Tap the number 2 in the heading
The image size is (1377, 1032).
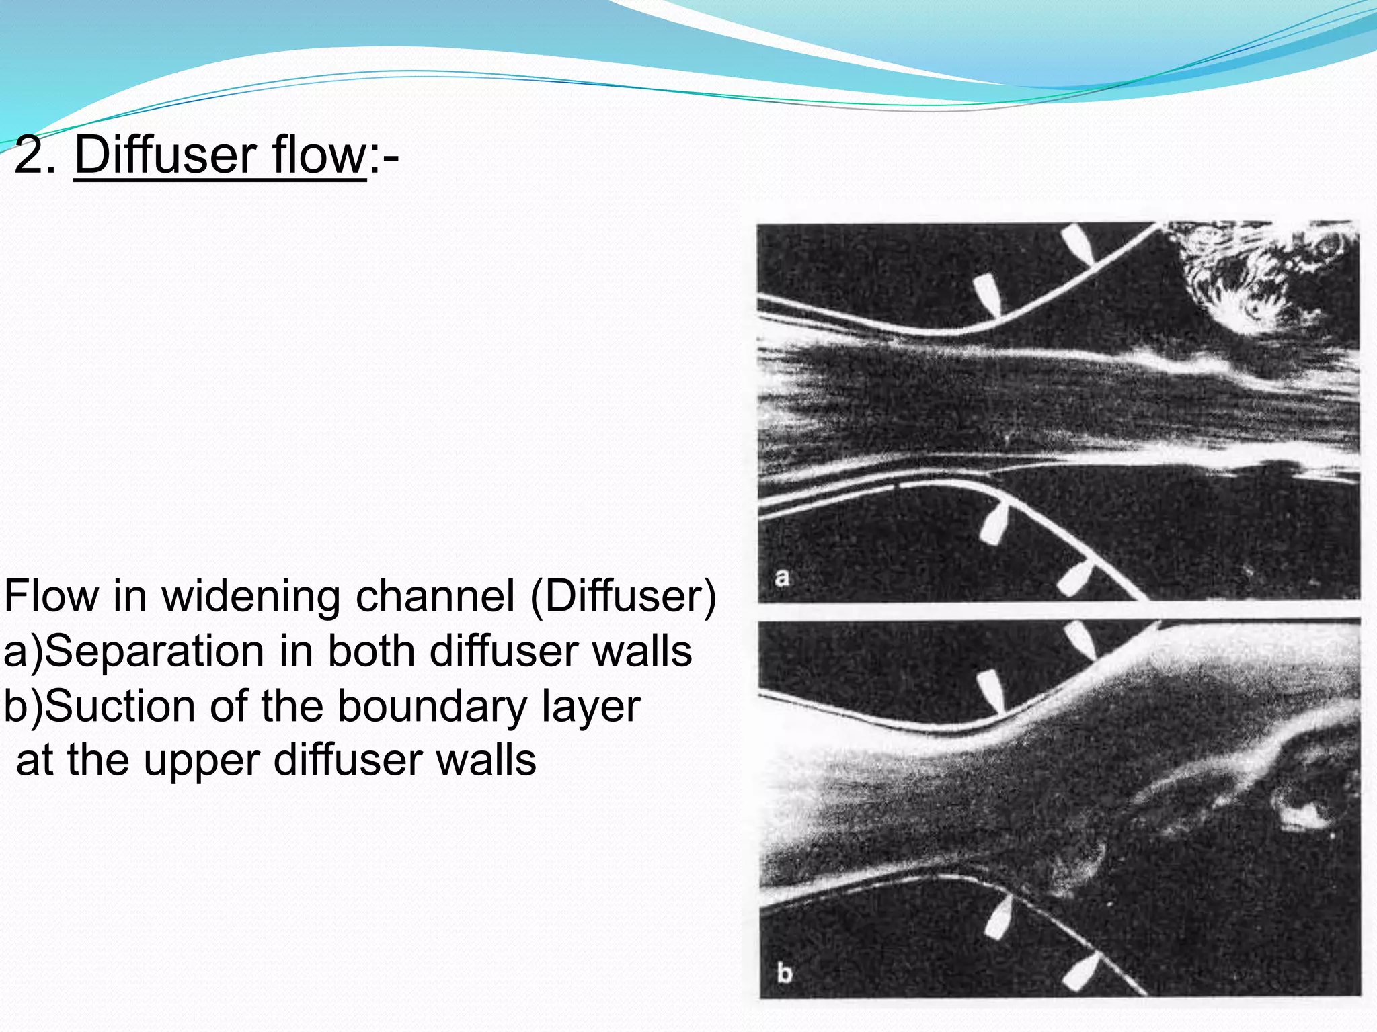[x=28, y=156]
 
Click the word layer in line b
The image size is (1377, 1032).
[x=582, y=707]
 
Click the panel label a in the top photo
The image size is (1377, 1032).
[x=782, y=576]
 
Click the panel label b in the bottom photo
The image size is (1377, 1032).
[x=784, y=972]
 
